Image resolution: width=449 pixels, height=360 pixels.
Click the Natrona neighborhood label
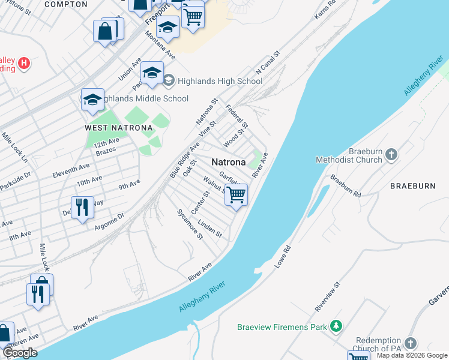point(228,163)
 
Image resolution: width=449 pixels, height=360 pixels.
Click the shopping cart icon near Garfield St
point(237,194)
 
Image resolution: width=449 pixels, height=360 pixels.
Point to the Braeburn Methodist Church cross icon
point(391,155)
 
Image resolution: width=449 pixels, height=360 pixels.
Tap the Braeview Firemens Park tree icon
point(337,326)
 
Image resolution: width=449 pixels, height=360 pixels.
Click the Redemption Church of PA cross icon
point(411,343)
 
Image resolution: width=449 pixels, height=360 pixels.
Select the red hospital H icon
point(24,62)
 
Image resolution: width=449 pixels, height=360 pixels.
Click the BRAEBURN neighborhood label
point(412,186)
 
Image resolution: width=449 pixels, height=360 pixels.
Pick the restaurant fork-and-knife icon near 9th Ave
point(82,208)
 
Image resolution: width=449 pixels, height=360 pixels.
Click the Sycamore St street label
point(190,224)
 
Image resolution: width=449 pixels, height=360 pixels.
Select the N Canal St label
point(268,63)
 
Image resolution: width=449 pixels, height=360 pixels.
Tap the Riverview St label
point(328,296)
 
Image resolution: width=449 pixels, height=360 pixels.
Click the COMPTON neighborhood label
point(66,4)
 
